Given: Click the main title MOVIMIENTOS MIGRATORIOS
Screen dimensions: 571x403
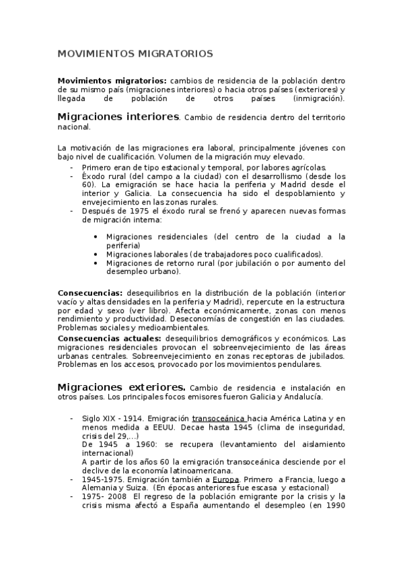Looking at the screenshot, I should [135, 53].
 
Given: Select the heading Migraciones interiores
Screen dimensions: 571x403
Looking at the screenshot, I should [118, 116].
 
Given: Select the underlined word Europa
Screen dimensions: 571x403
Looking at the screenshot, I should [227, 479].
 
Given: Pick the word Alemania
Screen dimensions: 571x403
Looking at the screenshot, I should [102, 488].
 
